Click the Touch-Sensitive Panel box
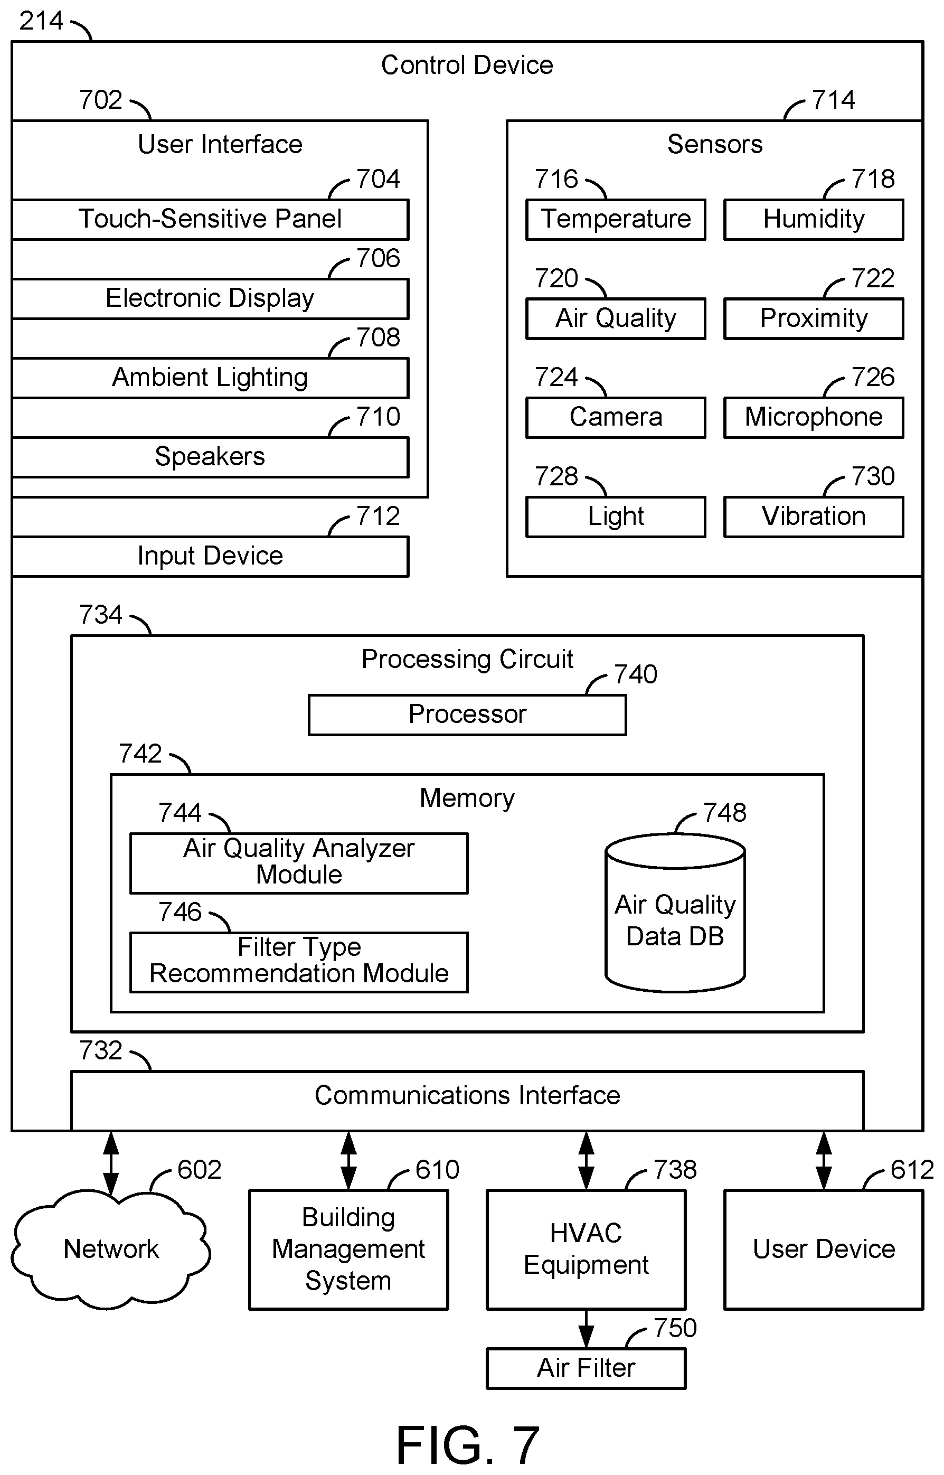click(210, 219)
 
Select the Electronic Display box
click(210, 298)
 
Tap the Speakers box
click(210, 457)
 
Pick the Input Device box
click(210, 556)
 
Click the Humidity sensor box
click(814, 219)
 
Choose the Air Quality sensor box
click(616, 318)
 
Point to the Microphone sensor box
click(814, 418)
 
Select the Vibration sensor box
click(814, 517)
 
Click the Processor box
click(467, 715)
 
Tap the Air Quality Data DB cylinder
click(675, 913)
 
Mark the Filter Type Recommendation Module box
click(299, 962)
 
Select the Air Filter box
click(586, 1368)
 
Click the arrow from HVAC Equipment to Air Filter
click(586, 1329)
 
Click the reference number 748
click(724, 813)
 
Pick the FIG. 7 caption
click(467, 1445)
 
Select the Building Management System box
click(348, 1249)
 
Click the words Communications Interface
click(467, 1095)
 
